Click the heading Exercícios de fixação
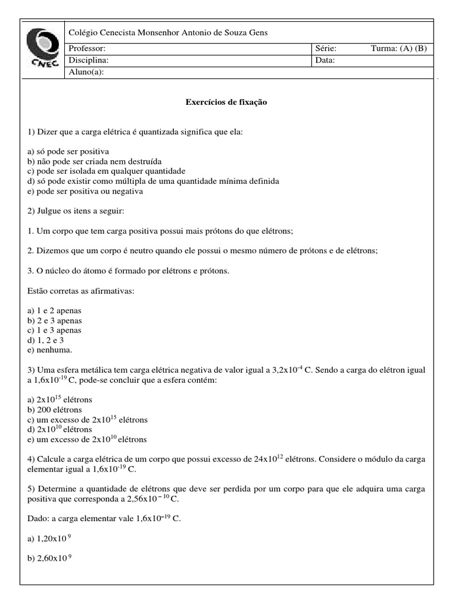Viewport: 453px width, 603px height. coord(226,102)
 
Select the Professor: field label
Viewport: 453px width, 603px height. coord(87,48)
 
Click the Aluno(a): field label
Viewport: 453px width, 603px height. coord(87,72)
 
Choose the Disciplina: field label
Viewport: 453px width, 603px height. coord(88,60)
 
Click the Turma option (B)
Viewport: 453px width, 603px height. coord(421,48)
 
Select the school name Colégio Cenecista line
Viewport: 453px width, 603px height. coord(168,33)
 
